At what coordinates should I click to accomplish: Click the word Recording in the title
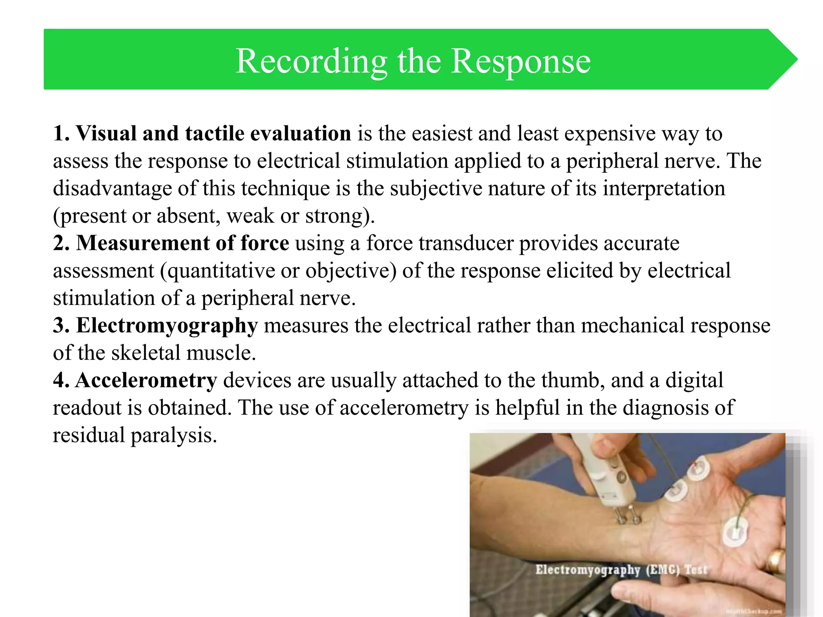(311, 61)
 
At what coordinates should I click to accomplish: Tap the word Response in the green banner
(521, 61)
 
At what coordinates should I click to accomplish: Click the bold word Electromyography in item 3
(167, 325)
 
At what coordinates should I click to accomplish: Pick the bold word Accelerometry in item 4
(146, 380)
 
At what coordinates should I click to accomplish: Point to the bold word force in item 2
(264, 243)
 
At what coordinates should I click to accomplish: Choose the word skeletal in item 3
(145, 353)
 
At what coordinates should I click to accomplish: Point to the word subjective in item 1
(436, 188)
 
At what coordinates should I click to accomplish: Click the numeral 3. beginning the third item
(61, 325)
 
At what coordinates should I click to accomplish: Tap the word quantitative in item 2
(220, 271)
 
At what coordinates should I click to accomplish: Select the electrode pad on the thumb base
(736, 531)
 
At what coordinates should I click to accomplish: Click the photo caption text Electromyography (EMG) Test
(621, 570)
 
